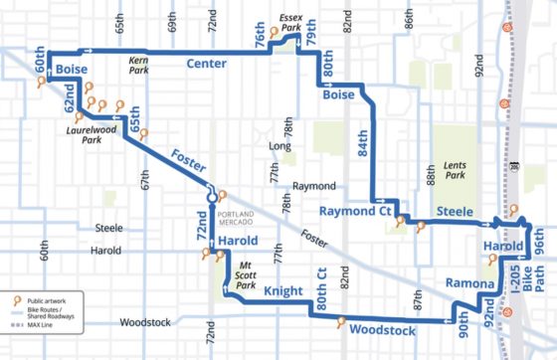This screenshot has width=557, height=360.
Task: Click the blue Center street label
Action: click(x=206, y=64)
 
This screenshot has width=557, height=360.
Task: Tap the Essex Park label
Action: click(x=290, y=23)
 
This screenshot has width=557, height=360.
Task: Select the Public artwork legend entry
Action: click(x=48, y=299)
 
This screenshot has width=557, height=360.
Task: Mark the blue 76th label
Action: click(x=261, y=42)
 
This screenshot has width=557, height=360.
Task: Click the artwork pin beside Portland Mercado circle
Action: click(x=222, y=193)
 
